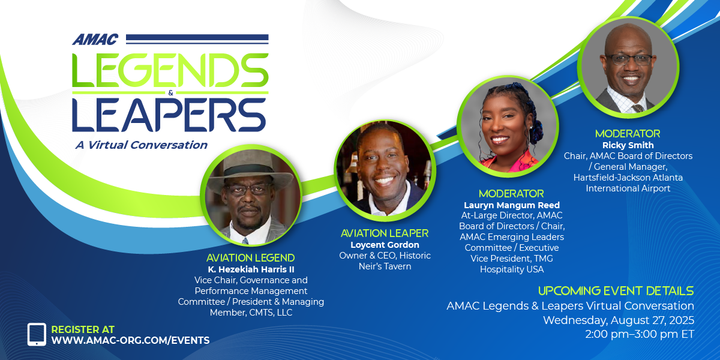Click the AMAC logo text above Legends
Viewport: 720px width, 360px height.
[95, 40]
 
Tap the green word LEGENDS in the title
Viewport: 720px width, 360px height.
[170, 70]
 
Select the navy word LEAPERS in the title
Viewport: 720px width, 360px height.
[169, 115]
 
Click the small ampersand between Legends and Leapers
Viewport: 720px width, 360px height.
[170, 93]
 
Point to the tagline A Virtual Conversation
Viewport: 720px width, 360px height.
[142, 145]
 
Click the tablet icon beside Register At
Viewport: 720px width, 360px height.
[37, 334]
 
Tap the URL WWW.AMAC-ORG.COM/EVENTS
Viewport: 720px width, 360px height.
[131, 340]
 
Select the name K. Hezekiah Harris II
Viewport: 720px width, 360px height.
[251, 269]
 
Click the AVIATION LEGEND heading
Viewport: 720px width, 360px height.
[250, 258]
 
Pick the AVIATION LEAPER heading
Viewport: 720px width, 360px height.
[385, 233]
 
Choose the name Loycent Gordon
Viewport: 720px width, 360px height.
[385, 245]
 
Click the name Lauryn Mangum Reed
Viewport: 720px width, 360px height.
[512, 205]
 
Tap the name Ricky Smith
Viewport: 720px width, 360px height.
[628, 145]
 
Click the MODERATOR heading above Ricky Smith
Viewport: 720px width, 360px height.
[628, 134]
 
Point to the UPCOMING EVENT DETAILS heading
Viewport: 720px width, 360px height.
[616, 291]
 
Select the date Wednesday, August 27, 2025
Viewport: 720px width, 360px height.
[619, 320]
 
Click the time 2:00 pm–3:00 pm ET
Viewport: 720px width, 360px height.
[640, 334]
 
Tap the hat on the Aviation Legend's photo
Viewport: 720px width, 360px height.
[250, 170]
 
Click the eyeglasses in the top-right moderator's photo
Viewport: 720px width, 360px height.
[629, 59]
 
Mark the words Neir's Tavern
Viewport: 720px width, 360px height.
[385, 266]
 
